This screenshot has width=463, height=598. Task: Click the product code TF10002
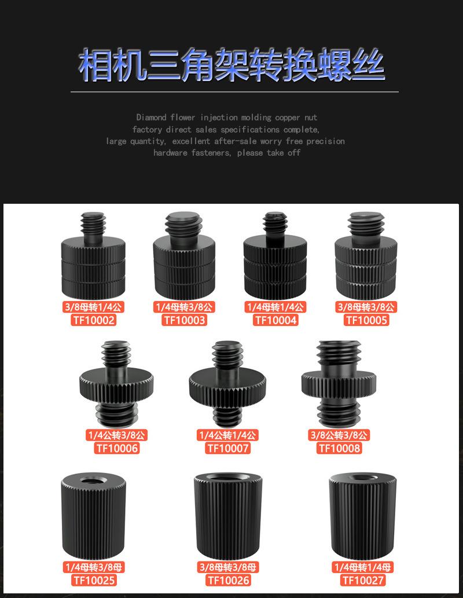click(x=94, y=320)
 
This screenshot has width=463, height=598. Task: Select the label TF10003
click(x=185, y=320)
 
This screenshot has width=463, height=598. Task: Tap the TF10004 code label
click(x=275, y=320)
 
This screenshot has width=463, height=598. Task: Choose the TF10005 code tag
click(x=366, y=320)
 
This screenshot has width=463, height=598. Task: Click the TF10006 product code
click(x=117, y=448)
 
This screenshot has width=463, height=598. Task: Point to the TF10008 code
click(x=339, y=448)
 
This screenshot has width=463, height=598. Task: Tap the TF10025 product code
click(x=94, y=580)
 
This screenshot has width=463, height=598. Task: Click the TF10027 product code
click(x=363, y=580)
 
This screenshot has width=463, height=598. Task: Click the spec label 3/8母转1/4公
click(x=94, y=307)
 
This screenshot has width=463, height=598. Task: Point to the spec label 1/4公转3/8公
click(x=117, y=435)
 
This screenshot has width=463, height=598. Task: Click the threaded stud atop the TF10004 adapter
click(x=275, y=223)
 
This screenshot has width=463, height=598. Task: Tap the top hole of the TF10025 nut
click(x=93, y=480)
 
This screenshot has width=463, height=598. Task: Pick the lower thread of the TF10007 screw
click(x=228, y=413)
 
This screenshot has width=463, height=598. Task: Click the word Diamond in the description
click(x=151, y=118)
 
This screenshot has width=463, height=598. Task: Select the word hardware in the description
click(x=170, y=153)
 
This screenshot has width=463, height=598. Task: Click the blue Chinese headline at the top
click(x=231, y=65)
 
